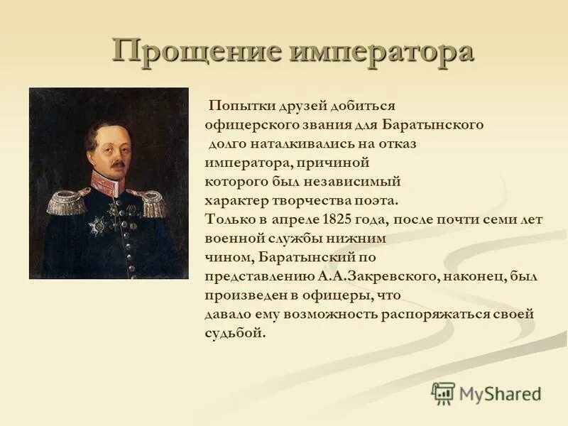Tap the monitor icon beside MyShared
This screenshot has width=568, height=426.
[x=443, y=393]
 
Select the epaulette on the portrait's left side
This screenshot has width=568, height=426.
[x=67, y=202]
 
